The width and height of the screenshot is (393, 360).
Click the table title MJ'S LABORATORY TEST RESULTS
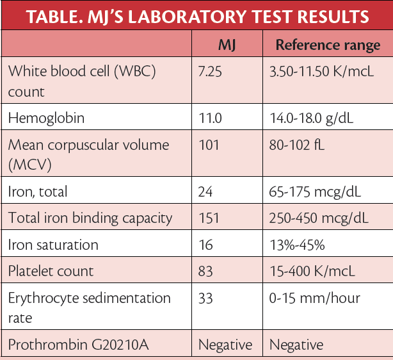coord(196,15)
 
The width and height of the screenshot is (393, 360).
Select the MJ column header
coord(227,45)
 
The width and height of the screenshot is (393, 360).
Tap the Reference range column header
coord(328,45)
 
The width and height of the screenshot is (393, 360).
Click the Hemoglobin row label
coord(47,118)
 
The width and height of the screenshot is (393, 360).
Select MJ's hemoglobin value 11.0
coord(211,118)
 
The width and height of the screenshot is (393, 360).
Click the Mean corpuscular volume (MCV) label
coord(88,154)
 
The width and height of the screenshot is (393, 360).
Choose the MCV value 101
coord(209,145)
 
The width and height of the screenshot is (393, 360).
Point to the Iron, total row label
coord(38,191)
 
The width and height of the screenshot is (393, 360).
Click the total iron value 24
coord(207,191)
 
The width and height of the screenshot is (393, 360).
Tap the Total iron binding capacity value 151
coord(209,218)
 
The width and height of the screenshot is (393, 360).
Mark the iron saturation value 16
coord(206,245)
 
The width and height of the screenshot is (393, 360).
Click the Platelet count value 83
coord(207,272)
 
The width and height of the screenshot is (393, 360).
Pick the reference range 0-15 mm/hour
coord(314,299)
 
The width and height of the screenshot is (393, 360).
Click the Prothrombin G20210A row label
coord(78,345)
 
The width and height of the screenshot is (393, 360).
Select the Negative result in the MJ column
coord(225,345)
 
